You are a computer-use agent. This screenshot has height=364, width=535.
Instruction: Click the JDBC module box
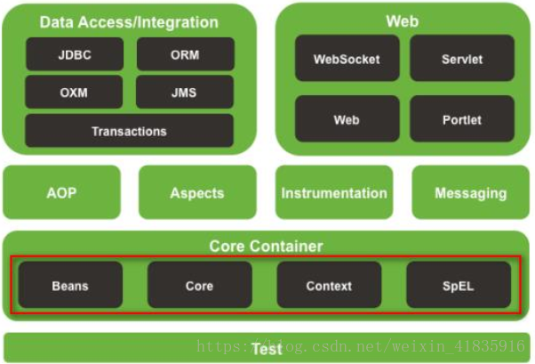coord(75,54)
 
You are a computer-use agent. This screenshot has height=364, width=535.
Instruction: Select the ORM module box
coord(186,54)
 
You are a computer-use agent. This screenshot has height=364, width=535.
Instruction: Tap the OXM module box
coord(74,93)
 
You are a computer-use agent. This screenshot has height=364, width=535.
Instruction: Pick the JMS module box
coord(185,93)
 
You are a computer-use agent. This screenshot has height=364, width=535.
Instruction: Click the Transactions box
coord(130,131)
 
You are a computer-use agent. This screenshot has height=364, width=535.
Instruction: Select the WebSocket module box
coord(347,59)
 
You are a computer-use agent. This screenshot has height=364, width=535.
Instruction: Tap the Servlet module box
coord(462,59)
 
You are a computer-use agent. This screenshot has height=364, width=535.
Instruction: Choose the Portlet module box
coord(462,119)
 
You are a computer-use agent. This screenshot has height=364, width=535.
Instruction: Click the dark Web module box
coord(347,119)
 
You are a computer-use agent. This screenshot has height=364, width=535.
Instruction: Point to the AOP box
coord(61,192)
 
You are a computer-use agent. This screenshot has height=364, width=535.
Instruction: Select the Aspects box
coord(197,192)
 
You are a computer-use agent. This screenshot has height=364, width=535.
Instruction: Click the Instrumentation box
coord(334,192)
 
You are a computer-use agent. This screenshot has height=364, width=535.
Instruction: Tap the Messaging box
coord(470,192)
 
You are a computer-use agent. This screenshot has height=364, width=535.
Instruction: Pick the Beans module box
coord(70,285)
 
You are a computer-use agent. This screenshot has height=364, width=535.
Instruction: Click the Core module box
coord(200,285)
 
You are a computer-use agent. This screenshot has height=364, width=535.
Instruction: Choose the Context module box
coord(329,285)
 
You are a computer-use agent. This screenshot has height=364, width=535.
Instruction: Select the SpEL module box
coord(459,285)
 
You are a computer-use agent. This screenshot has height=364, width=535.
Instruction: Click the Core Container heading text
coord(266,247)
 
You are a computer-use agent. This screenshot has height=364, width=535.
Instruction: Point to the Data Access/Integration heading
coord(129,22)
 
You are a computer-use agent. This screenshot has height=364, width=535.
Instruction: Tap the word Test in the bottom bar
coord(267,349)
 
